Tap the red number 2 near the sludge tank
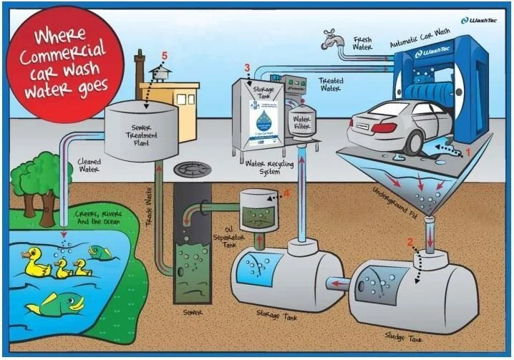point(410,242)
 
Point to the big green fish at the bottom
point(55,303)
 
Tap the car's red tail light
point(384,128)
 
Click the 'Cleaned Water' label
point(89,166)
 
